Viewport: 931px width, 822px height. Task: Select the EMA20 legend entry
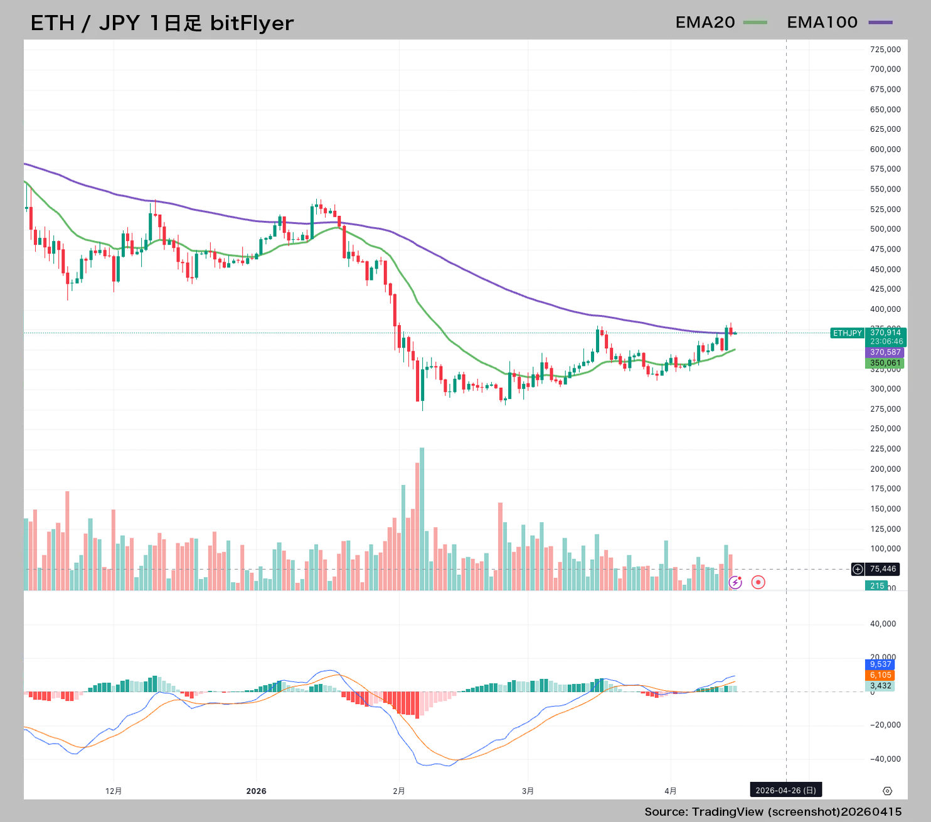720,23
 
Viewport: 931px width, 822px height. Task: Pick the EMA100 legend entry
839,23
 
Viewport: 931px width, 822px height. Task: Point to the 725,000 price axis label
885,50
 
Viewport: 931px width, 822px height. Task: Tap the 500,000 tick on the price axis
885,229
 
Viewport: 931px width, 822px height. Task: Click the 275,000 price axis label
885,409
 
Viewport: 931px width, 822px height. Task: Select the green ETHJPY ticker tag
847,333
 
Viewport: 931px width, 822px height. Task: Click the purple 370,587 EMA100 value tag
885,353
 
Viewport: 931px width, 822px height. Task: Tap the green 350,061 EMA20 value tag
885,363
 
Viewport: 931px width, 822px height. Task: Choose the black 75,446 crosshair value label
882,569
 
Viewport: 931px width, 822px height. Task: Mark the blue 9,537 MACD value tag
880,665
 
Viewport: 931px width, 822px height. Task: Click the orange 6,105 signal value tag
880,675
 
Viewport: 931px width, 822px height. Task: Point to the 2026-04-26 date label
785,791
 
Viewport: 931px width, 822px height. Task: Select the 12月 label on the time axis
114,791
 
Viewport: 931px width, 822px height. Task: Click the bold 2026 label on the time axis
256,791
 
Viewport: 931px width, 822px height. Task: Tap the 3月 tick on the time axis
528,791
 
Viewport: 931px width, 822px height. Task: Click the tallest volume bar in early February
422,518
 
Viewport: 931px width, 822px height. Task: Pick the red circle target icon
758,582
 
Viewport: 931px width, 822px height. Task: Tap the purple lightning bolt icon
735,583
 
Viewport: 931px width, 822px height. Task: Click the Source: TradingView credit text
772,812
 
